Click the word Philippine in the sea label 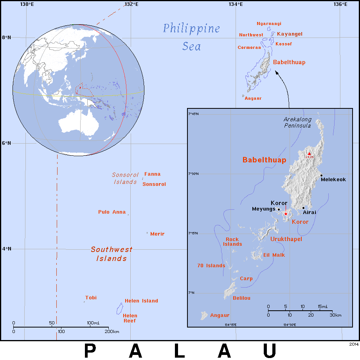click(191, 29)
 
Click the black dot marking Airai click(303, 208)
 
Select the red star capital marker click(286, 214)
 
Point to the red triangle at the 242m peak click(309, 153)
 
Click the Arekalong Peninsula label click(298, 122)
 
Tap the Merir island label click(157, 234)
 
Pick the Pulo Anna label click(112, 212)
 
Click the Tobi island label click(91, 298)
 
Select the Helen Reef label click(130, 318)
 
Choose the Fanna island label click(152, 174)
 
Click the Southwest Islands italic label click(112, 254)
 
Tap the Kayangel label click(290, 34)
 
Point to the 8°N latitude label click(6, 38)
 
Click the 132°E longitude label click(131, 4)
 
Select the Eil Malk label click(274, 255)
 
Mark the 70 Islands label click(211, 266)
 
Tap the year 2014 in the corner click(354, 344)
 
